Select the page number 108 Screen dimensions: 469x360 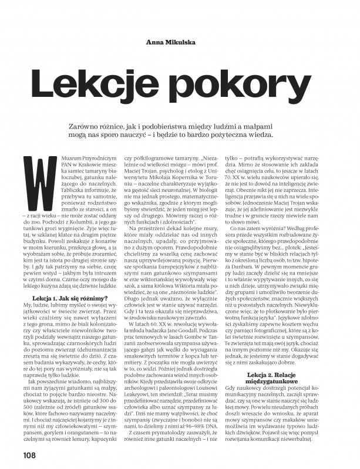pyautogui.click(x=31, y=454)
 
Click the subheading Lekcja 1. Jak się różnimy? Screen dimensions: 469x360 pyautogui.click(x=69, y=299)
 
